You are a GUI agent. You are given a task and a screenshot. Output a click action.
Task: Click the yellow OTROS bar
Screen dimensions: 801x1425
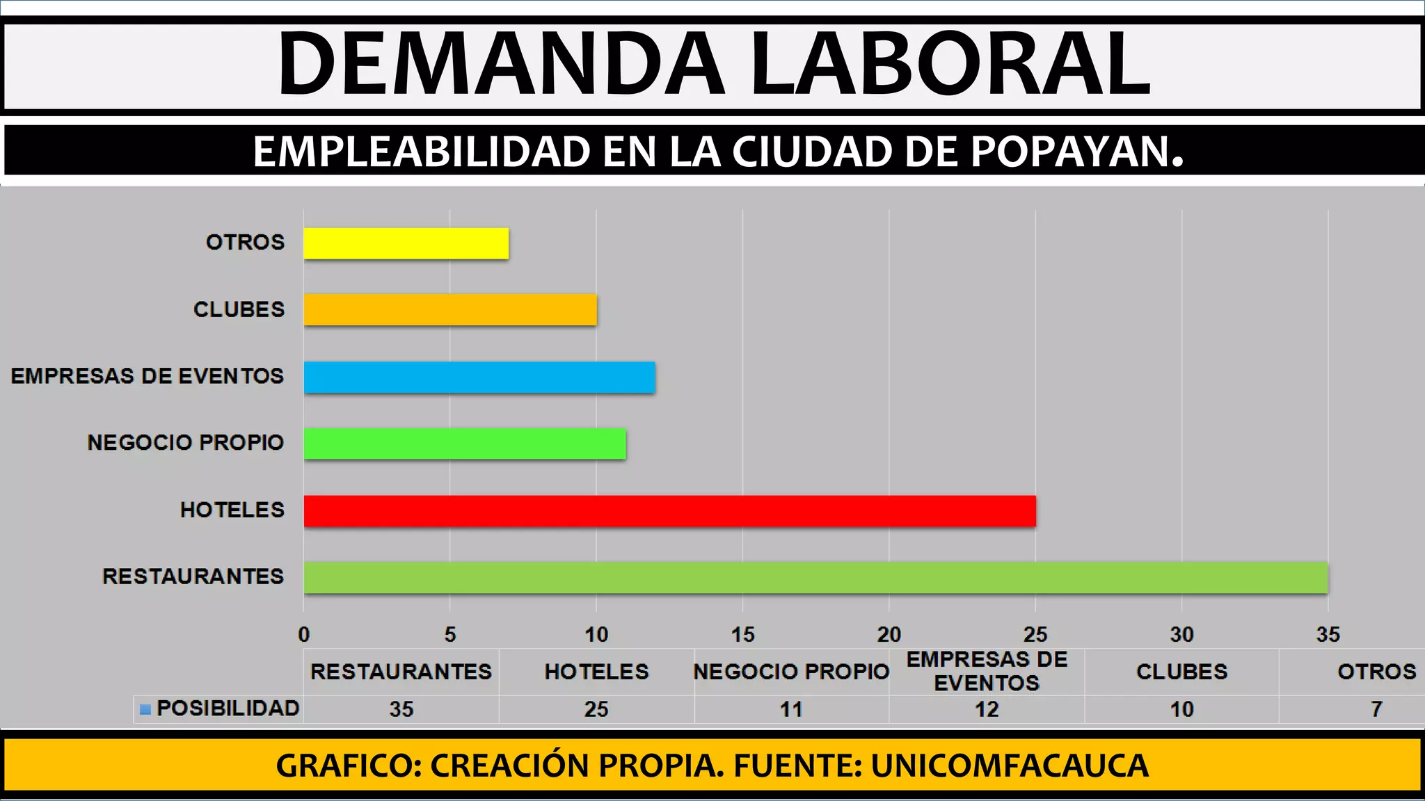coord(406,243)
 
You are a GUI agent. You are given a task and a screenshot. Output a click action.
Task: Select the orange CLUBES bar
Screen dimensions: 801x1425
coord(450,309)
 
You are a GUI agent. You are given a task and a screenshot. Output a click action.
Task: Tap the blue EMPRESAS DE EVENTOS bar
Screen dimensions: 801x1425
coord(479,377)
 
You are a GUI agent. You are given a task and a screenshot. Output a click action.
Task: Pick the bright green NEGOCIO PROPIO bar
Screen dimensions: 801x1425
coord(465,444)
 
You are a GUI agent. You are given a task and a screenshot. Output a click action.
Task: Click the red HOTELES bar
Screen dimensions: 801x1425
coord(669,511)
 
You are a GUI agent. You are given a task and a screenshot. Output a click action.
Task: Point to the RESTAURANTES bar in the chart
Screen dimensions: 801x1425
coord(815,578)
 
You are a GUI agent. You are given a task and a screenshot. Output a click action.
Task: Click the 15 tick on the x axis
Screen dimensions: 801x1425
coord(742,634)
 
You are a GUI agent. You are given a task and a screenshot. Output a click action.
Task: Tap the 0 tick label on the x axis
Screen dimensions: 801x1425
coord(304,634)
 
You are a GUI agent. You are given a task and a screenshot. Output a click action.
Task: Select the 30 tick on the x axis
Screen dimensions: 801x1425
coord(1181,634)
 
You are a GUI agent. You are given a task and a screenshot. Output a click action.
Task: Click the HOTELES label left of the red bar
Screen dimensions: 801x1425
coord(232,510)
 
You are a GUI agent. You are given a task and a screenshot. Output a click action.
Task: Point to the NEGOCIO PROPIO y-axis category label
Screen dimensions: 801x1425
coord(185,442)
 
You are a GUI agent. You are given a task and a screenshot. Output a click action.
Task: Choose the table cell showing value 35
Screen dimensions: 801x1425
coord(401,709)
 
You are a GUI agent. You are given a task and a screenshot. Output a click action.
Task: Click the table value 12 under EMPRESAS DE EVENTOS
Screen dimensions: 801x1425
coord(987,709)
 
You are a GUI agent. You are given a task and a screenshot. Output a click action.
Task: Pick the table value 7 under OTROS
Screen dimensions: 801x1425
coord(1376,709)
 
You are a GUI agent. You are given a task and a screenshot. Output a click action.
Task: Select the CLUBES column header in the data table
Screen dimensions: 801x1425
coord(1181,672)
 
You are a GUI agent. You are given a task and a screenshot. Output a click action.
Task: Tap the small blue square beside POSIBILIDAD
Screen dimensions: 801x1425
coord(145,709)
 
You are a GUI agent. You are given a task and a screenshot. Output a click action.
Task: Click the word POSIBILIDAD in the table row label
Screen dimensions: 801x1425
coord(228,708)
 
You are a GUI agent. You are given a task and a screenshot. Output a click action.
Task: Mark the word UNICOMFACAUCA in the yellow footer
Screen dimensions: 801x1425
coord(1009,766)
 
